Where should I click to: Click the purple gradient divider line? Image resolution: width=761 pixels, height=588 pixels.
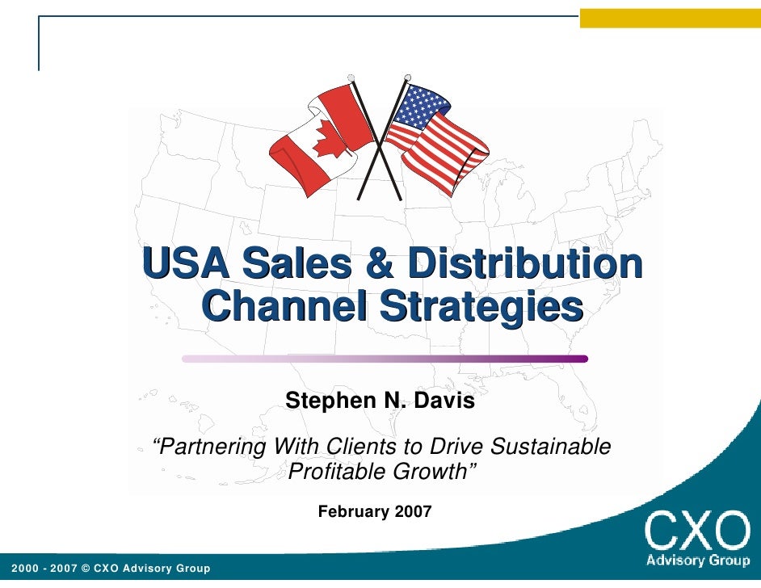[385, 359]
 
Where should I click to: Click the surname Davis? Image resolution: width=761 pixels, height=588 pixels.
[447, 400]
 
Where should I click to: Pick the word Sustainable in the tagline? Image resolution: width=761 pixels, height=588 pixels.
[550, 446]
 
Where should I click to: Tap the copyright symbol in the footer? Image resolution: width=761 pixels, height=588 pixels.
[86, 569]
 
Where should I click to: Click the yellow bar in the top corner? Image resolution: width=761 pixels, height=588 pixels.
[670, 19]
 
